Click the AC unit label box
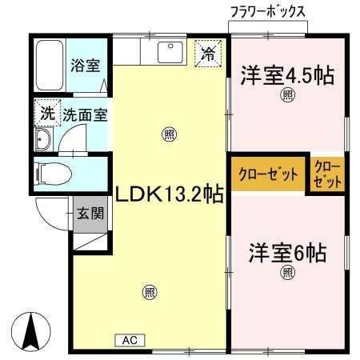coord(130,340)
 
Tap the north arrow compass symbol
coord(31,331)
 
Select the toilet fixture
coord(54,174)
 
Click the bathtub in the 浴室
coord(50,66)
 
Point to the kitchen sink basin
coord(170,52)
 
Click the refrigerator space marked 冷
coord(208,54)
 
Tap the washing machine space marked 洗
coord(47,113)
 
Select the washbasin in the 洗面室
coord(42,139)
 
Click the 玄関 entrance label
coord(90,214)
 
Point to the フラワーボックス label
coord(268,12)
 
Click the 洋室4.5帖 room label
coord(287,75)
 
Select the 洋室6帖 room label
coord(288,253)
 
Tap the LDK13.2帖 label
coord(169,194)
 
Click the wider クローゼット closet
coord(268,174)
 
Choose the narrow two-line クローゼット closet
coord(327,174)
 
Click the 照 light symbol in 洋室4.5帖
coord(287,95)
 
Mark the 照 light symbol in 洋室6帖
coord(288,273)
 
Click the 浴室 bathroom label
coord(86,65)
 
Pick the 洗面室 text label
coord(86,115)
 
